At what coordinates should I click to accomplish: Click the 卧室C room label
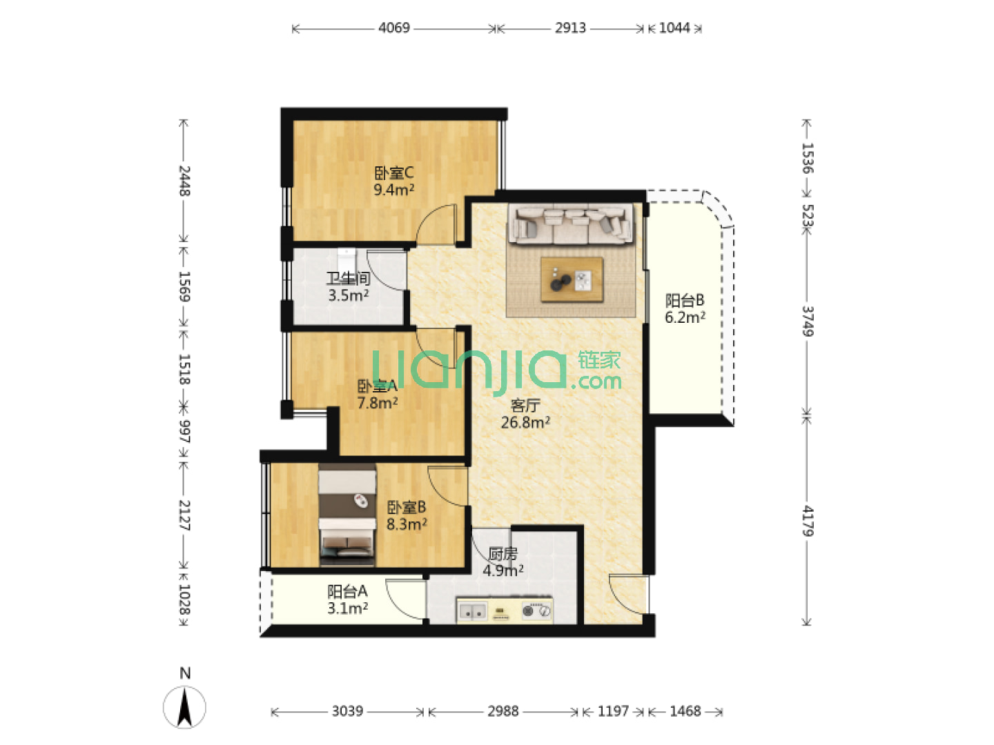click(393, 172)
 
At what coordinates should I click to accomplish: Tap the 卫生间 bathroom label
click(348, 279)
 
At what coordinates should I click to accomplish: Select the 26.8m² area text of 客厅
click(525, 422)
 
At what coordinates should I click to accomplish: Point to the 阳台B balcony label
click(684, 300)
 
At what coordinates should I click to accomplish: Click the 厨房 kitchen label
click(503, 554)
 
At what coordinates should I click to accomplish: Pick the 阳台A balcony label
click(347, 591)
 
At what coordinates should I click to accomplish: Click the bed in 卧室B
click(347, 515)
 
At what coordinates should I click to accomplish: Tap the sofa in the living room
click(571, 223)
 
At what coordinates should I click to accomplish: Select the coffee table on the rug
click(572, 279)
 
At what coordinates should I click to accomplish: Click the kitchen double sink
click(472, 612)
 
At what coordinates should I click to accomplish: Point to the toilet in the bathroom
click(347, 259)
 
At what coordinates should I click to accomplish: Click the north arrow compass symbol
click(184, 707)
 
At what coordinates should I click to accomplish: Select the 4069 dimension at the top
click(394, 28)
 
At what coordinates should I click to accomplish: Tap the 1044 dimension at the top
click(674, 28)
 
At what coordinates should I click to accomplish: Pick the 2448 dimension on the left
click(184, 181)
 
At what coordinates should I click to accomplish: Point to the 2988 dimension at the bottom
click(503, 711)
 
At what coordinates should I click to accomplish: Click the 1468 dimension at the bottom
click(685, 711)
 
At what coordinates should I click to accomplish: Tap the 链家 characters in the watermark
click(598, 361)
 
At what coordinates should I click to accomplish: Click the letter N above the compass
click(185, 673)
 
